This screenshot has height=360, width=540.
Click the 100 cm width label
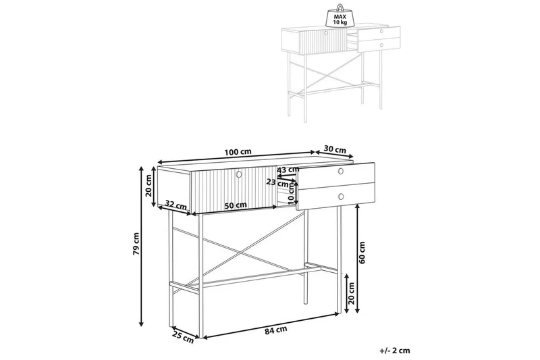pos(238,151)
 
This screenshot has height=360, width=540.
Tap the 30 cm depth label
pos(335,150)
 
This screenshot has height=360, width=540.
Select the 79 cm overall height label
pos(136,244)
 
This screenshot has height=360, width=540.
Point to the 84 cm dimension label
pos(276,330)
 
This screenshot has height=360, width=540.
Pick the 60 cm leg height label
pos(362,253)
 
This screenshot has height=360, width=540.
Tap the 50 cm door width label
pos(236,205)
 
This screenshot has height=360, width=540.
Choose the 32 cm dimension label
pos(175,205)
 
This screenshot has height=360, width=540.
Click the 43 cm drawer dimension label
pos(289,170)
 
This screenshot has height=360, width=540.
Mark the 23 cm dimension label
pos(277,182)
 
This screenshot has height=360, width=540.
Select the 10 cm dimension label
pos(292,193)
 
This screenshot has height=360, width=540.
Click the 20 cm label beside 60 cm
pos(351,293)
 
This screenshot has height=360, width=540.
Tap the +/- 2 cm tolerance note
pos(395,351)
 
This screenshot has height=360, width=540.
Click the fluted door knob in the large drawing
pos(239,175)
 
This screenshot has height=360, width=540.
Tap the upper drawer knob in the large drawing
pos(341,171)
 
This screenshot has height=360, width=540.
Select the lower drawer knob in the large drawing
pos(341,197)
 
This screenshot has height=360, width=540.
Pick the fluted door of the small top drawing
pos(323,42)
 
